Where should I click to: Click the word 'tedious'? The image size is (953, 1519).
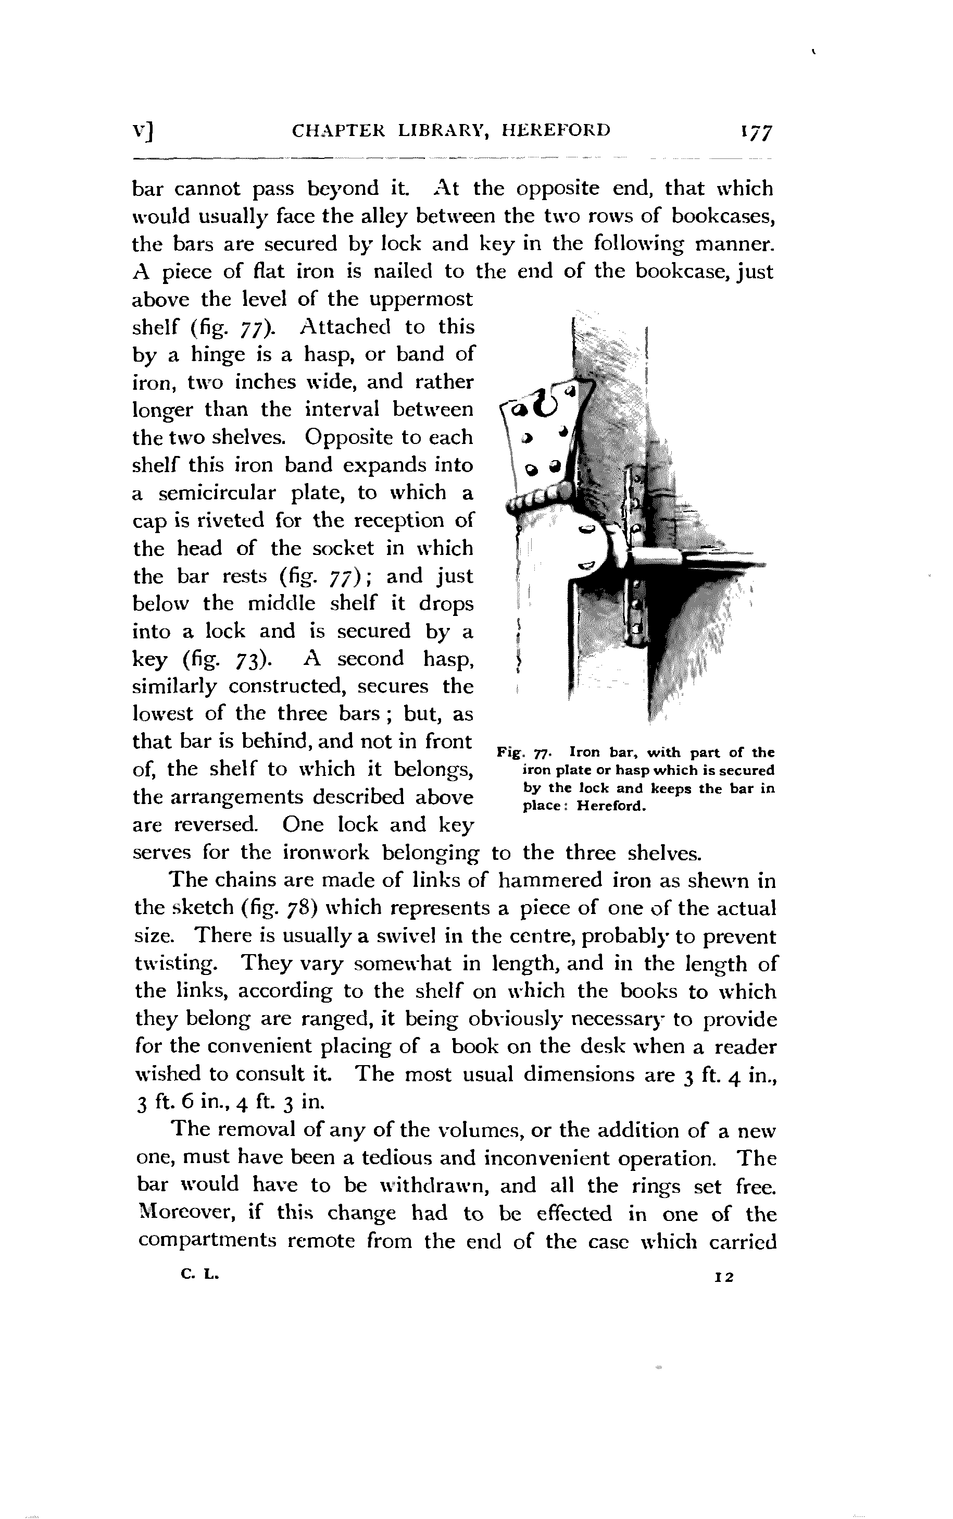[390, 1158]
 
